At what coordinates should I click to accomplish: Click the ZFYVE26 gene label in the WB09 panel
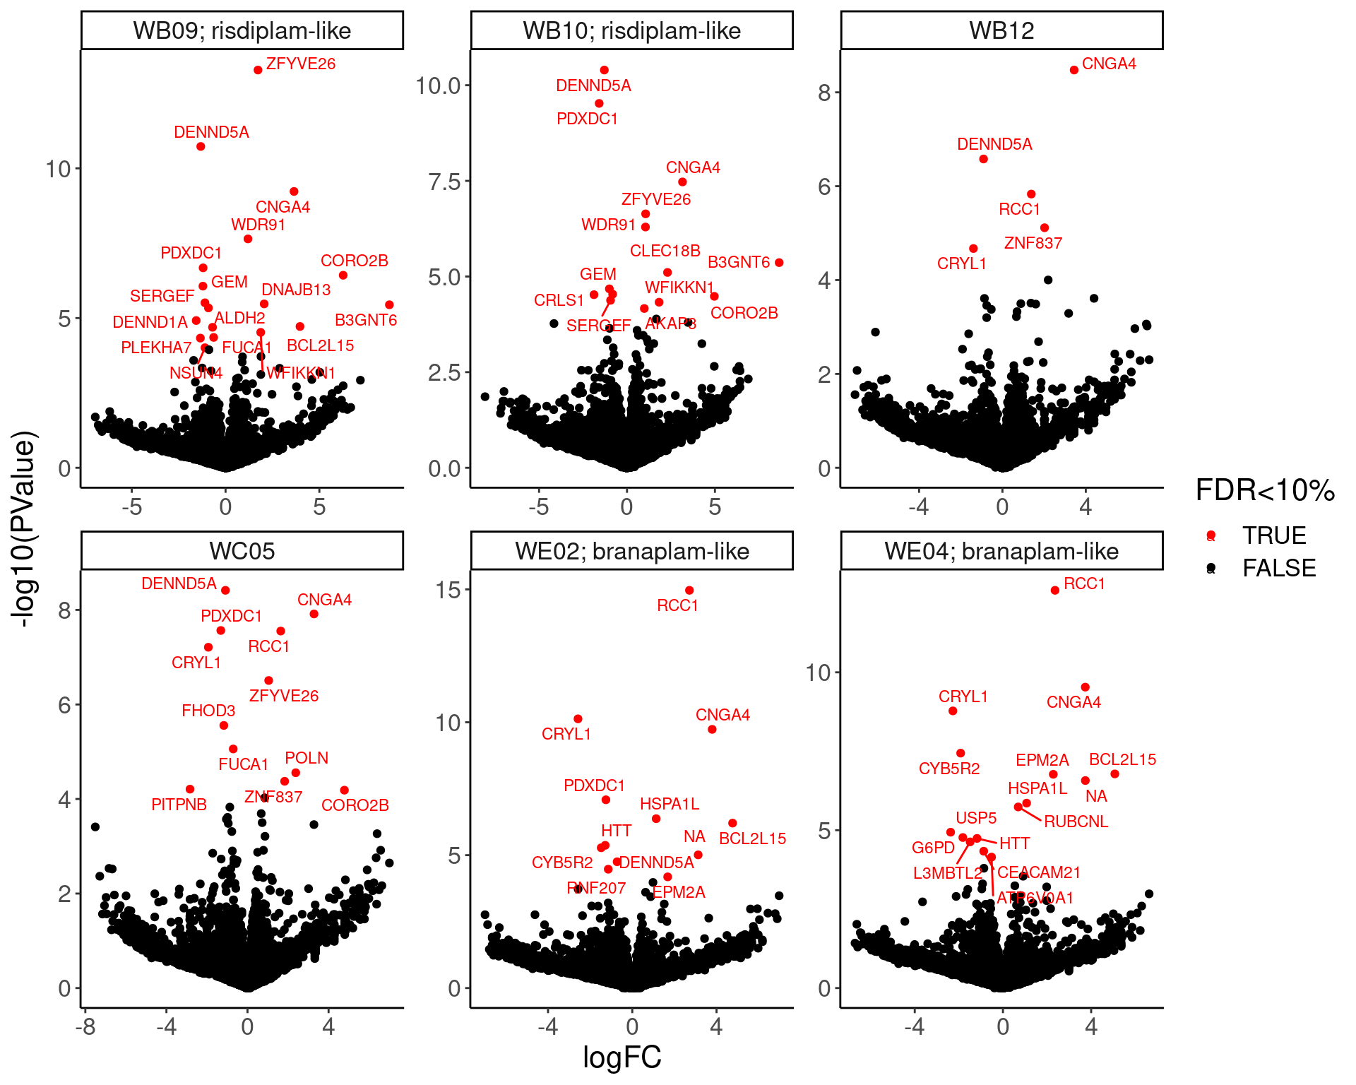coord(300,64)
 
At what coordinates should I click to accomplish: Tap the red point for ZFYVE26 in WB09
coord(258,70)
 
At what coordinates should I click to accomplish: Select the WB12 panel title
coord(1001,30)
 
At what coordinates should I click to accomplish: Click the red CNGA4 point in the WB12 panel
coord(1073,70)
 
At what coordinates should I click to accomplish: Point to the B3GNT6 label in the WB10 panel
coord(738,262)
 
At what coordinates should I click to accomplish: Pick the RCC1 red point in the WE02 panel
coord(689,590)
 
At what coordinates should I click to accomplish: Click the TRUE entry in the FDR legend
coord(1273,535)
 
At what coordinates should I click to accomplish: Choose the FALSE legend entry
coord(1278,568)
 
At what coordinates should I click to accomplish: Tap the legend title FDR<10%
coord(1264,490)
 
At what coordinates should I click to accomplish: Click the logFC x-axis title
coord(621,1057)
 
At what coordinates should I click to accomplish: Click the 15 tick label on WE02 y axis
coord(448,590)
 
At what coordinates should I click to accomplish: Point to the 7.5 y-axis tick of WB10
coord(444,182)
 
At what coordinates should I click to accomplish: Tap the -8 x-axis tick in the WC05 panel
coord(85,1026)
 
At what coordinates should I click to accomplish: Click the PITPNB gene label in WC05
coord(179,805)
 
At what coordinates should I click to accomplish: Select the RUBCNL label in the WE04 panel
coord(1076,822)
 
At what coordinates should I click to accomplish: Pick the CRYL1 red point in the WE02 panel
coord(578,718)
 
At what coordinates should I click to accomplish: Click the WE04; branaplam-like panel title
coord(1001,551)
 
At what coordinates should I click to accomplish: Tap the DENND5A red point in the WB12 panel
coord(983,159)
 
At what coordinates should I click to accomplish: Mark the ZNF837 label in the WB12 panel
coord(1033,243)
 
